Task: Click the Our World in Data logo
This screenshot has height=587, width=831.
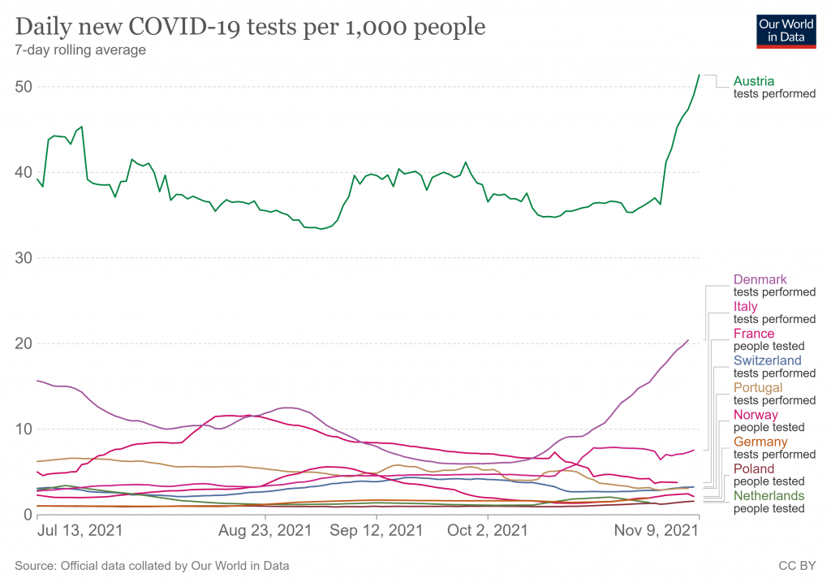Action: click(786, 30)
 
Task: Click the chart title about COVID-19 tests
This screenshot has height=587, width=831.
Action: click(251, 28)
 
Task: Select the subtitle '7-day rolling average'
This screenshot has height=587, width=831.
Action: click(80, 50)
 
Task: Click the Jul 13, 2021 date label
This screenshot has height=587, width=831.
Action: click(80, 531)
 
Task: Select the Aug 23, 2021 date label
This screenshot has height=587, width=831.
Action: click(265, 531)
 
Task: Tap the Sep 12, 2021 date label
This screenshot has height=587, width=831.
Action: click(376, 531)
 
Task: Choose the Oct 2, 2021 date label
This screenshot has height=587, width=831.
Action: click(487, 531)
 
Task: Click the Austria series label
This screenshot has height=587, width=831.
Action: click(753, 81)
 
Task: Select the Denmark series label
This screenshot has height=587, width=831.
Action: click(760, 280)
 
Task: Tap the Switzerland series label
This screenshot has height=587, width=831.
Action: click(767, 360)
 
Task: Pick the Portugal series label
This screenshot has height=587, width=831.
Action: click(757, 387)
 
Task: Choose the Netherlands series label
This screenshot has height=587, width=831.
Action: click(769, 495)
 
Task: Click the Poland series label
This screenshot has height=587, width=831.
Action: click(753, 468)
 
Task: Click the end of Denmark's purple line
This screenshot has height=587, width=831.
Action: click(688, 340)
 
